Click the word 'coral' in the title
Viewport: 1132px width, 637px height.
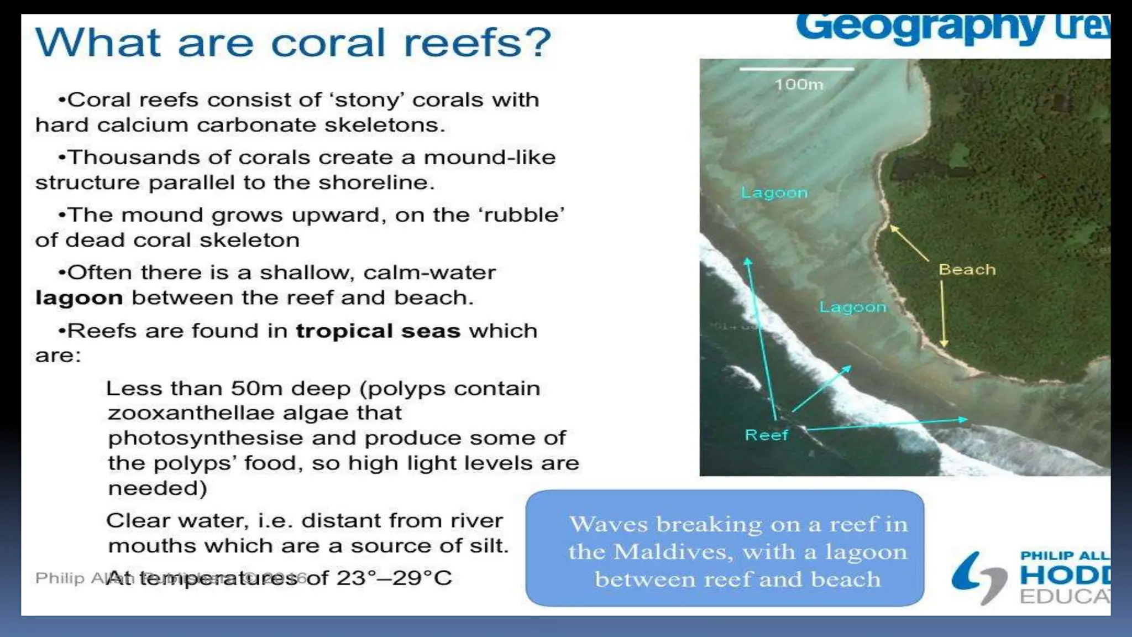tap(328, 43)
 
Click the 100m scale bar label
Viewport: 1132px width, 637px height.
tap(799, 85)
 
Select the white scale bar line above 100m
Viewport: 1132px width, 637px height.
tap(796, 69)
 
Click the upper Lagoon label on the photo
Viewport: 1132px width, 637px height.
tap(774, 192)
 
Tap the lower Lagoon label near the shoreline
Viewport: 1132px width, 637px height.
tap(852, 307)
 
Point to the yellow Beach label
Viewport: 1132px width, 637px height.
tap(967, 270)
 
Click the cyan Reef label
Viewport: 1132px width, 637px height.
tap(766, 435)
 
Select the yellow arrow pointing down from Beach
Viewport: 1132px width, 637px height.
tap(943, 312)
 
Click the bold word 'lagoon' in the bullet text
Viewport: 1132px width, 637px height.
tap(78, 298)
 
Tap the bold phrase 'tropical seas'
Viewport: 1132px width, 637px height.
tap(378, 331)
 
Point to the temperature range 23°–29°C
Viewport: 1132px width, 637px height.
tap(394, 578)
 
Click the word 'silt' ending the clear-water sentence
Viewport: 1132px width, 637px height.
tap(488, 546)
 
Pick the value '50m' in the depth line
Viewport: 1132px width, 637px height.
tap(256, 388)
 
